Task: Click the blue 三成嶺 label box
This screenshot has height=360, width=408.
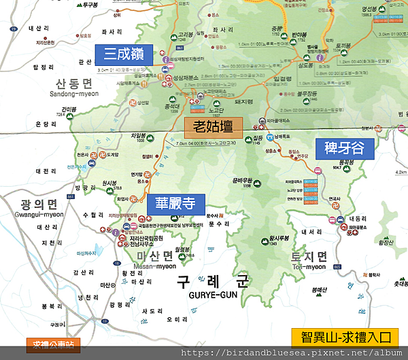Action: point(124,53)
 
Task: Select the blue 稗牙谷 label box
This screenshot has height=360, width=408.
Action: point(339,149)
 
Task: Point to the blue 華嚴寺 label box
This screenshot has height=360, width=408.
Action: point(175,204)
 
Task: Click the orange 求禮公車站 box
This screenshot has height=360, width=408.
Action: point(52,345)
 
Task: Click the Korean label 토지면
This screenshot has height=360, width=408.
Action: point(309,256)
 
